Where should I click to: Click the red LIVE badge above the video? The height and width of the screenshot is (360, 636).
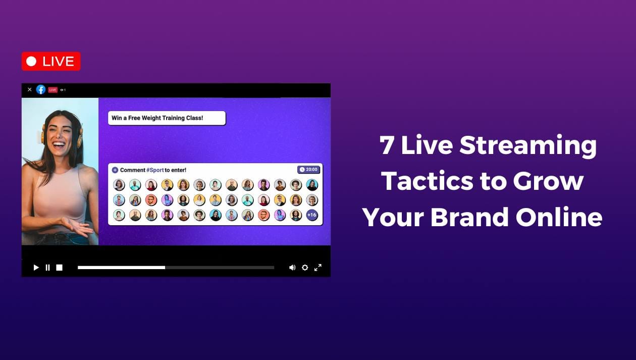point(51,61)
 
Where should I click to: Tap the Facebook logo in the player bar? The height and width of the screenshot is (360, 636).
point(41,89)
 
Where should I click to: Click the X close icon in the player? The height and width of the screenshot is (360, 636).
point(29,89)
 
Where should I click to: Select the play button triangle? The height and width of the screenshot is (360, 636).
point(36,268)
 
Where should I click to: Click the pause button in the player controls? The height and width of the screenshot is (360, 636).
point(47,268)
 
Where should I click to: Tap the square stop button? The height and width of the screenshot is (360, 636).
point(59,268)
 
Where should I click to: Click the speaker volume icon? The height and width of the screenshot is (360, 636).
point(292,268)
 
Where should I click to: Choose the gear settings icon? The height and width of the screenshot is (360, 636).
point(305,268)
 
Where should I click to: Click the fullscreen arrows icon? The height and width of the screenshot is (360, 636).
point(318,268)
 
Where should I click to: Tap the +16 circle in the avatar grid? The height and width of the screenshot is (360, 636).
point(312,215)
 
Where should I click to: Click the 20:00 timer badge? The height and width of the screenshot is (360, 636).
point(309,170)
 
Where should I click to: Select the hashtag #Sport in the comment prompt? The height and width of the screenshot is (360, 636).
point(155,170)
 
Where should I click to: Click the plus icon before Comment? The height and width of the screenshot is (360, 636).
point(115,170)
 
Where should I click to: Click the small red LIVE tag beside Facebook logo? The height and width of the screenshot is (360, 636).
point(53,90)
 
